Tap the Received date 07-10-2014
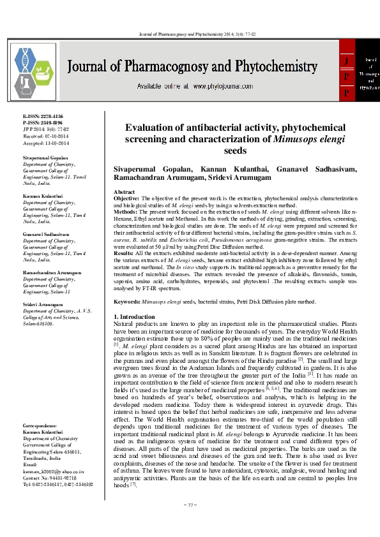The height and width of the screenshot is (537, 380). pyautogui.click(x=45, y=135)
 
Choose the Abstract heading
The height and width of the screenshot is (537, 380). pyautogui.click(x=124, y=192)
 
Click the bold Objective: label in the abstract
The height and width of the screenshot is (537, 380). pyautogui.click(x=126, y=199)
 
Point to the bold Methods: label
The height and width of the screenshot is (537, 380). pyautogui.click(x=125, y=219)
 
